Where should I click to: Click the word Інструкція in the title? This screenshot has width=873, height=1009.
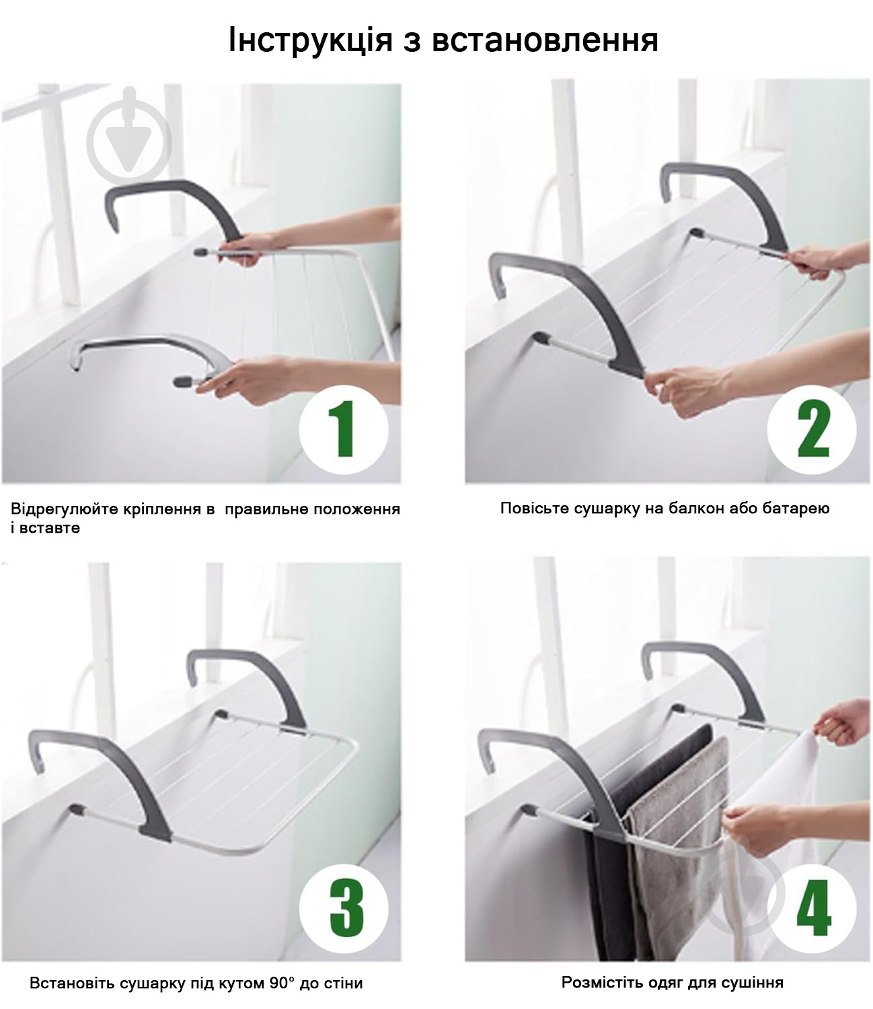pyautogui.click(x=310, y=40)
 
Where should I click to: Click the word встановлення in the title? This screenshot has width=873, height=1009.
pyautogui.click(x=545, y=40)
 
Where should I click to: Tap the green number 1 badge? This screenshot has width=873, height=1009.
pyautogui.click(x=344, y=430)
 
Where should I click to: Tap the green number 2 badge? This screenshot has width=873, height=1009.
pyautogui.click(x=811, y=430)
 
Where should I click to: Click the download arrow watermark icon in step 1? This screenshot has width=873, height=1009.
pyautogui.click(x=129, y=141)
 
